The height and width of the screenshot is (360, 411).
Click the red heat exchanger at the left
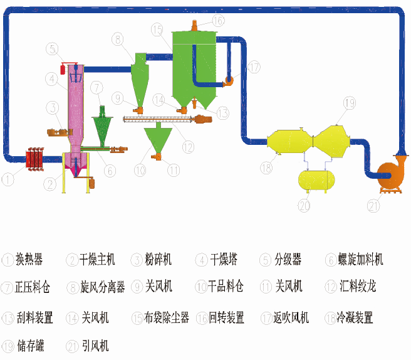tap(34, 159)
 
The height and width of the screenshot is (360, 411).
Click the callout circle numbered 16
tap(217, 20)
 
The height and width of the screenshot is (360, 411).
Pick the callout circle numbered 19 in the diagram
tap(349, 103)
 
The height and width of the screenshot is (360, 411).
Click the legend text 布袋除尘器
tap(167, 318)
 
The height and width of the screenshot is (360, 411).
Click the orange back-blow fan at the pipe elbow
tap(229, 80)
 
